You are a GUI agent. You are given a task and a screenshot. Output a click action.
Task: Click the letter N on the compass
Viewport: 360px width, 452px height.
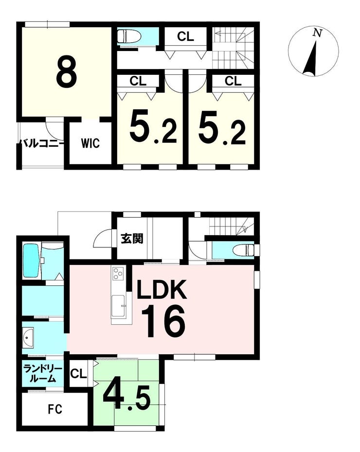tap(318, 33)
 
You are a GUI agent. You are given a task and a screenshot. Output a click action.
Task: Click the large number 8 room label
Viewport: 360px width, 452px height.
tap(67, 72)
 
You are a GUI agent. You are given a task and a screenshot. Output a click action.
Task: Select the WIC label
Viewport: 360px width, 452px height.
tap(90, 143)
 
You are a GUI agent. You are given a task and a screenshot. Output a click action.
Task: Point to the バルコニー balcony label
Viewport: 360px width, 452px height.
tap(41, 143)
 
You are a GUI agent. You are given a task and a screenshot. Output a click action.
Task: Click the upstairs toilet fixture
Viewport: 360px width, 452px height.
tap(129, 36)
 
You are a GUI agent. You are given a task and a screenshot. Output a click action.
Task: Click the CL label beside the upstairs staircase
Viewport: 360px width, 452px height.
tap(185, 36)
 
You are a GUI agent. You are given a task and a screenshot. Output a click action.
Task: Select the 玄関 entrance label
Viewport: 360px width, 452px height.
tap(132, 239)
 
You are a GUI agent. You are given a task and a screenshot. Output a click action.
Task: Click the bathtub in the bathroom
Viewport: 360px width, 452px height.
tap(32, 261)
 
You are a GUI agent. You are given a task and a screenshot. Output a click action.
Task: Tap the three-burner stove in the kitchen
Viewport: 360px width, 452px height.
tap(118, 273)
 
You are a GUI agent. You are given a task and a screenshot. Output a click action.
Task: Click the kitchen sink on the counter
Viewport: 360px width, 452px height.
tap(118, 306)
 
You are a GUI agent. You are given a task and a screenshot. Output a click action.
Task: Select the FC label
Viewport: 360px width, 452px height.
tap(55, 409)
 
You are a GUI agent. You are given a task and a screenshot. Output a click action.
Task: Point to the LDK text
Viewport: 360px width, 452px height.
tap(162, 289)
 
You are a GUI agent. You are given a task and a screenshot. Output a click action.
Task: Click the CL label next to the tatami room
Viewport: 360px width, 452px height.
tap(78, 374)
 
